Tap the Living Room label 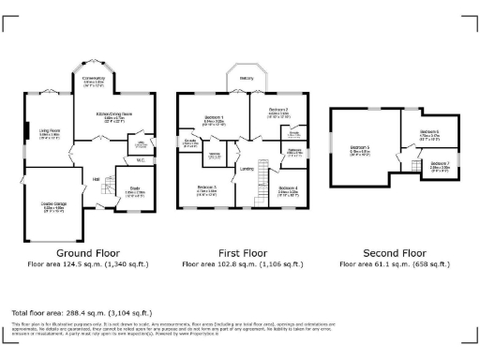(50, 132)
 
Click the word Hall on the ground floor (96, 180)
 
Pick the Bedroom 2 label (278, 110)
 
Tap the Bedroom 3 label (207, 188)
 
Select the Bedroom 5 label (360, 148)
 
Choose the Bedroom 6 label (428, 132)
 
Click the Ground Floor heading (87, 253)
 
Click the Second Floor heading (393, 253)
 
